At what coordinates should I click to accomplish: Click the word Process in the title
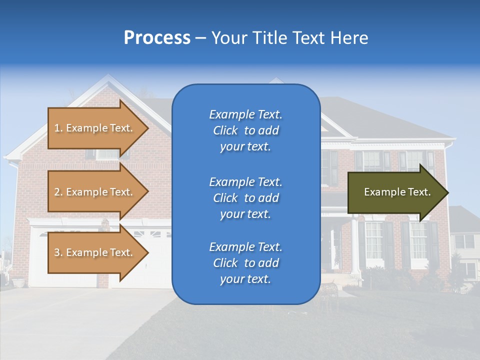(x=157, y=38)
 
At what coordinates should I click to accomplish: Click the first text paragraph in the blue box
(x=245, y=130)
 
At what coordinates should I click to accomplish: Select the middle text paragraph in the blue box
(x=245, y=198)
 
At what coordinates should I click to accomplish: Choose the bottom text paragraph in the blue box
(x=245, y=263)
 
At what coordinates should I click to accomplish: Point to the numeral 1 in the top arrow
(x=57, y=128)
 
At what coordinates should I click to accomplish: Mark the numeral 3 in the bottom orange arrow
(x=57, y=252)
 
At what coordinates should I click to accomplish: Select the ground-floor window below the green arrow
(x=373, y=242)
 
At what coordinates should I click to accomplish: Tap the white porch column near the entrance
(x=354, y=245)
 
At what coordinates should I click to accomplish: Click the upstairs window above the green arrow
(x=371, y=161)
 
